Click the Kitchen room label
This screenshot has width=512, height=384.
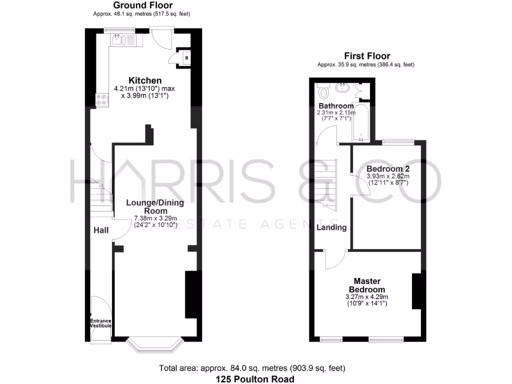pyautogui.click(x=145, y=80)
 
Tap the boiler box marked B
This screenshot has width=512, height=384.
pyautogui.click(x=186, y=58)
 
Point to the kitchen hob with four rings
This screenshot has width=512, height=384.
pyautogui.click(x=102, y=100)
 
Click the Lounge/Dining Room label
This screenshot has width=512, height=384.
pyautogui.click(x=155, y=206)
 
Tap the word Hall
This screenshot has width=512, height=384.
pyautogui.click(x=101, y=230)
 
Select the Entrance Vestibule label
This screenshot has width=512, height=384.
pyautogui.click(x=100, y=323)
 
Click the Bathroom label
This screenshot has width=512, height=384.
pyautogui.click(x=336, y=106)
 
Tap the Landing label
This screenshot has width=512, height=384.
pyautogui.click(x=331, y=227)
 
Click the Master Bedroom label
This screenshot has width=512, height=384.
pyautogui.click(x=366, y=285)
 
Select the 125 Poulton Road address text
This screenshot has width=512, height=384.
pyautogui.click(x=255, y=379)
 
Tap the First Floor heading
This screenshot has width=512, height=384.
pyautogui.click(x=366, y=56)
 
